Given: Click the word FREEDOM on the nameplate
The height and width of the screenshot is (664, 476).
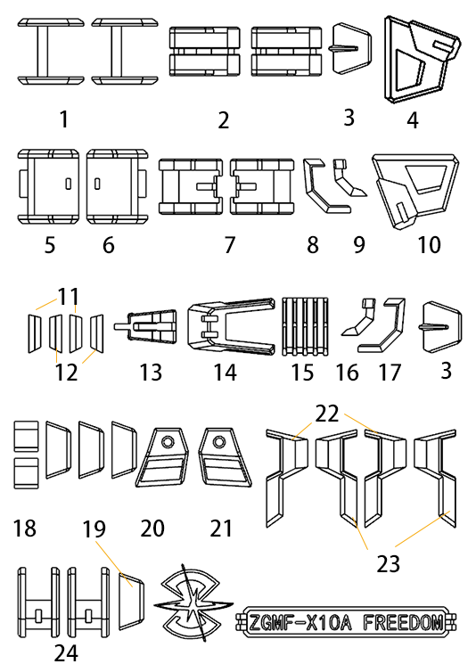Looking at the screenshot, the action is (x=404, y=622).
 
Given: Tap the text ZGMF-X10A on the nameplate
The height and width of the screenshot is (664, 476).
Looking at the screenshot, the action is (x=300, y=622).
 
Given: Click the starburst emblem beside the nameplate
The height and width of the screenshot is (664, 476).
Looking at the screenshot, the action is (x=193, y=603).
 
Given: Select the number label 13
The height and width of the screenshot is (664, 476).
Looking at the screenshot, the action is (x=151, y=373).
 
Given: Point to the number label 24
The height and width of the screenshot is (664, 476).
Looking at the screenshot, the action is (x=66, y=652).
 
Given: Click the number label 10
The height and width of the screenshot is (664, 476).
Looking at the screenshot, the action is (x=429, y=245).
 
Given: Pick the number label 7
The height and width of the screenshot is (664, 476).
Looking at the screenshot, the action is (x=229, y=245).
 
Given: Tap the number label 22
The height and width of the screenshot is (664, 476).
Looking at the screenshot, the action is (x=326, y=414).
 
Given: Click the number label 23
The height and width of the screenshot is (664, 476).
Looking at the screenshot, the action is (x=388, y=564).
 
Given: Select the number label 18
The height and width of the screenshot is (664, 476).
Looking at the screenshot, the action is (x=25, y=528).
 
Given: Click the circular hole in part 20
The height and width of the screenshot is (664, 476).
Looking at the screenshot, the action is (x=168, y=442).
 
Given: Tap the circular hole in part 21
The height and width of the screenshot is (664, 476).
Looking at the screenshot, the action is (x=218, y=442).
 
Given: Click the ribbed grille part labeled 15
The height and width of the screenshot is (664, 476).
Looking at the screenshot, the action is (x=306, y=326).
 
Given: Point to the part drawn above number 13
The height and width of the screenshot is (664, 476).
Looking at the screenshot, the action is (x=145, y=326).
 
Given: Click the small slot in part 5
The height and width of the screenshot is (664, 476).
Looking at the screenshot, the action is (x=68, y=184).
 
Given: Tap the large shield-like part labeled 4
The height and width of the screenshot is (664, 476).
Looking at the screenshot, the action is (x=423, y=60).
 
